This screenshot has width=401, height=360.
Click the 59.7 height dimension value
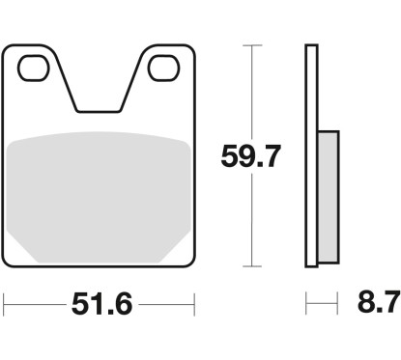coord(251,156)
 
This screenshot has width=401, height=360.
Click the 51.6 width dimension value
coord(102,304)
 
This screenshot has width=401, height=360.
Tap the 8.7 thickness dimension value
coord(379,303)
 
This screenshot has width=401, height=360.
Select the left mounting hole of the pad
coord(34,68)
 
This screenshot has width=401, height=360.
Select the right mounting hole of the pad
coord(163,68)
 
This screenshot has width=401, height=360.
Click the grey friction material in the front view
coord(99,197)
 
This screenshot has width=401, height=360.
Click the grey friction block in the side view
coord(329,197)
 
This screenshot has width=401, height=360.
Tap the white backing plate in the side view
coord(311,156)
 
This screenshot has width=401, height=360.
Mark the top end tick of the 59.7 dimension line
coord(252,45)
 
